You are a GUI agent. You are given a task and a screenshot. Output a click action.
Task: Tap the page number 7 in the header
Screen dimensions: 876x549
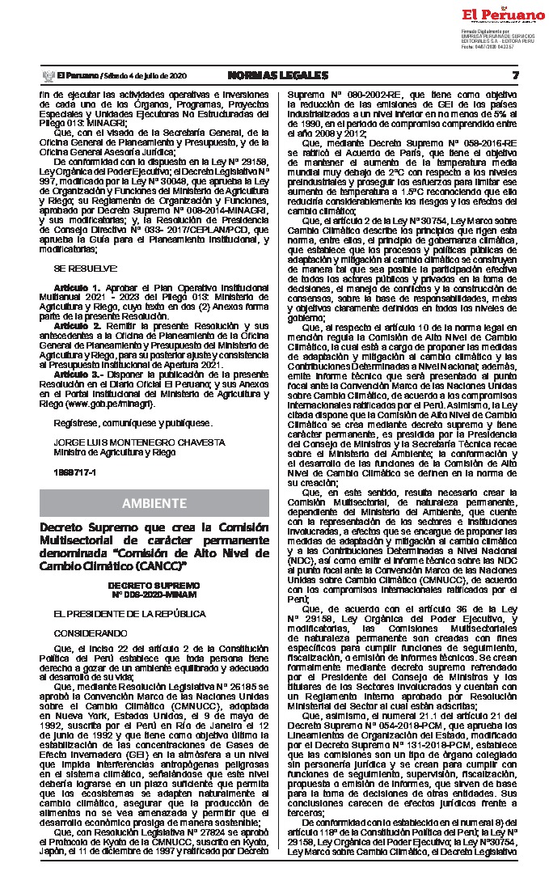point(516,75)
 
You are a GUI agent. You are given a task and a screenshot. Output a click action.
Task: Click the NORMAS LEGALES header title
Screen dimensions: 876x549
point(278,75)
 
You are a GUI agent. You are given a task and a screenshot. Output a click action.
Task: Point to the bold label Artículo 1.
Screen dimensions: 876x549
point(78,288)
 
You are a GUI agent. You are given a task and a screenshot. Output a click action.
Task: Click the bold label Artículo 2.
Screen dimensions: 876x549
point(78,324)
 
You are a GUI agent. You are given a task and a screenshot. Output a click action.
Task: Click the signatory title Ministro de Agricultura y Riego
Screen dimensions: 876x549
point(108,453)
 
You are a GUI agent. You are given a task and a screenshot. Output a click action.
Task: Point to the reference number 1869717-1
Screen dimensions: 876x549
point(74,471)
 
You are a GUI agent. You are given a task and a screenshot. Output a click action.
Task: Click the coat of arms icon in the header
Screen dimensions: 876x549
point(47,76)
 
